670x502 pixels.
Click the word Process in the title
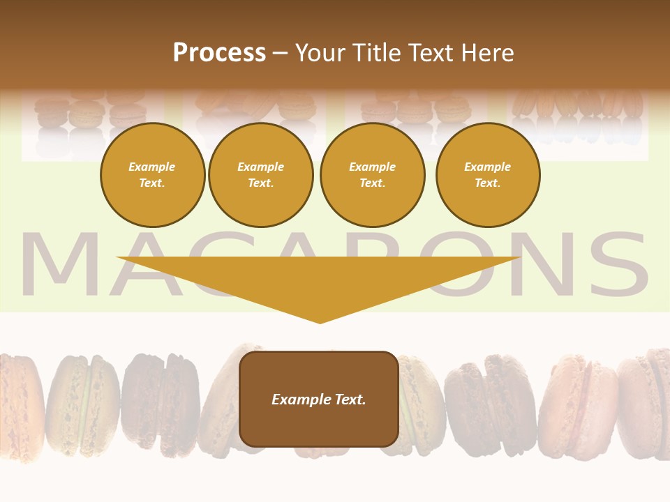(x=219, y=53)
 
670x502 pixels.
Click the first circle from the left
(x=152, y=175)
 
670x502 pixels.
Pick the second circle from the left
(x=260, y=175)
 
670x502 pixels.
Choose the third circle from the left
(x=372, y=175)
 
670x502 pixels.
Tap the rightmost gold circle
(x=487, y=175)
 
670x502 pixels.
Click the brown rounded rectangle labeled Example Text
(x=319, y=399)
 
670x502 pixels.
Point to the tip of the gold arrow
(x=320, y=321)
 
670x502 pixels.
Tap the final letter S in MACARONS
(x=615, y=266)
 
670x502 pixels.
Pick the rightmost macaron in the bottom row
(x=646, y=401)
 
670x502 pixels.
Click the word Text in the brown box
(x=348, y=400)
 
